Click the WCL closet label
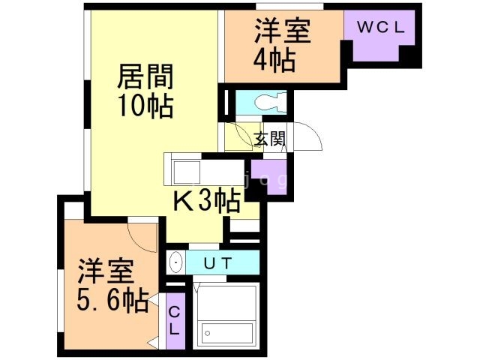click(380, 28)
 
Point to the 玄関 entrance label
click(268, 139)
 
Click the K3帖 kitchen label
click(207, 200)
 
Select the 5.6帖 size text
click(112, 301)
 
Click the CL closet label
click(174, 320)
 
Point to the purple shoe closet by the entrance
click(267, 177)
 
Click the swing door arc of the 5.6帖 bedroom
click(142, 237)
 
